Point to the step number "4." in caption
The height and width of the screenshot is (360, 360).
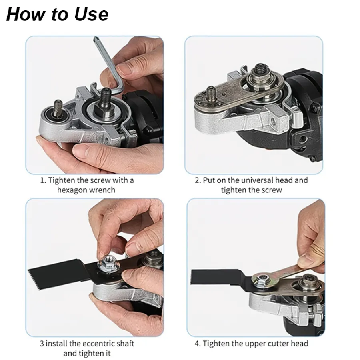point(198,344)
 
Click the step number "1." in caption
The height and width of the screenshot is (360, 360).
point(43,180)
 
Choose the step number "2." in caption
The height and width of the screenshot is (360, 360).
point(198,180)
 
